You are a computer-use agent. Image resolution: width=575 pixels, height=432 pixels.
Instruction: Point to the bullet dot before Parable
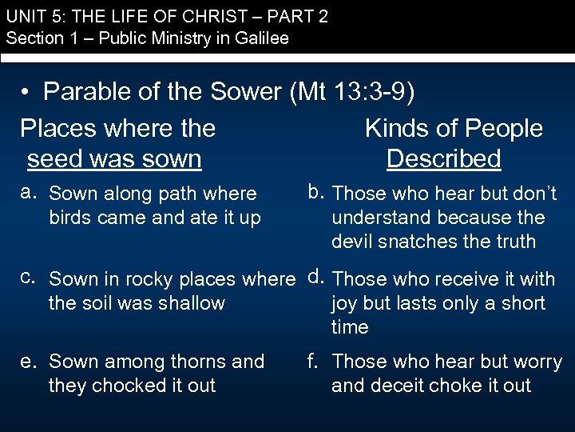click(26, 94)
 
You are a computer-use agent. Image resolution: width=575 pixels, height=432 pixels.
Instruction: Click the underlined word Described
click(443, 158)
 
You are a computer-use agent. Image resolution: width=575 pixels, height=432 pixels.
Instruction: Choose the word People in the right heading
click(502, 128)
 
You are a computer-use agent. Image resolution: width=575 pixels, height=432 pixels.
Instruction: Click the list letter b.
click(315, 191)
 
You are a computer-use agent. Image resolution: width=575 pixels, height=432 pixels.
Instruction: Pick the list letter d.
click(315, 277)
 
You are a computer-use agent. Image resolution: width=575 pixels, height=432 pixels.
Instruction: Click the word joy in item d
click(345, 304)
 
